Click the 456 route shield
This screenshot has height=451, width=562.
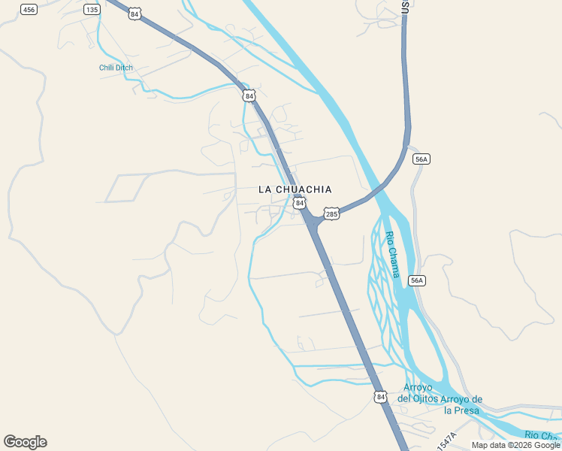[x=29, y=9]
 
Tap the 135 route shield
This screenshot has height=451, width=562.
[x=92, y=9]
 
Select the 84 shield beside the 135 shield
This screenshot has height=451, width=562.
[x=134, y=14]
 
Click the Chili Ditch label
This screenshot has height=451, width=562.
[x=116, y=68]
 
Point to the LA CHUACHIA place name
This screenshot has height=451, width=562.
[x=295, y=189]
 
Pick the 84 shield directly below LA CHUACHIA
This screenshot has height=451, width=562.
[x=300, y=203]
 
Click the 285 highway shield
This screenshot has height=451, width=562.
[x=331, y=214]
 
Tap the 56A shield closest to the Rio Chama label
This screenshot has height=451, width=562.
[x=417, y=280]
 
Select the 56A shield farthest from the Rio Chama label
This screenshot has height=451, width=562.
[x=421, y=159]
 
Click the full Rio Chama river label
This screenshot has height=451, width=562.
[x=393, y=254]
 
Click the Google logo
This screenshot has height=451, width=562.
[x=25, y=442]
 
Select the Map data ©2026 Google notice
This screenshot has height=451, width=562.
[x=515, y=445]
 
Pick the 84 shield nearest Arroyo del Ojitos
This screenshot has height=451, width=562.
[x=381, y=396]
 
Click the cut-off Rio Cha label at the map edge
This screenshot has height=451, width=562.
[x=542, y=435]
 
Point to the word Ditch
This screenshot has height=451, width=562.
[x=124, y=68]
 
